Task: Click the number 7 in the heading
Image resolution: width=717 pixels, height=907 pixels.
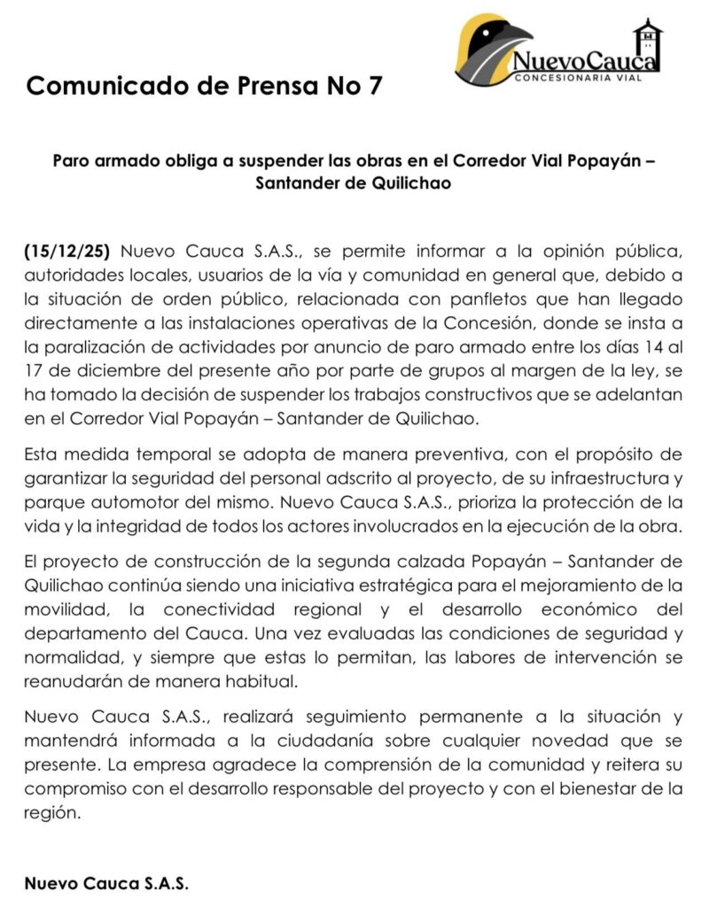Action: point(377,87)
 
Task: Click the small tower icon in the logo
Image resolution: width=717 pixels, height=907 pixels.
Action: point(648,39)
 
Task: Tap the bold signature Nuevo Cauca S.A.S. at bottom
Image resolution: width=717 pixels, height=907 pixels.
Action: point(106,883)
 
